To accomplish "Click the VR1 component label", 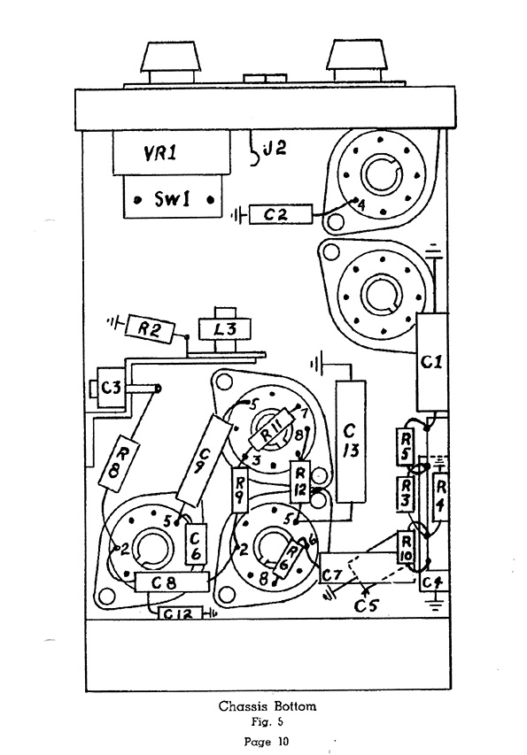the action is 160,153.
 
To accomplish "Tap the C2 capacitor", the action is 281,214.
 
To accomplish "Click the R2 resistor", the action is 150,329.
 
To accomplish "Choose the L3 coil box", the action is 225,330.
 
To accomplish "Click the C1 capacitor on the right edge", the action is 431,362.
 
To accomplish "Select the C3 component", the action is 112,387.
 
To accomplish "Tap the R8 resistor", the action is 118,463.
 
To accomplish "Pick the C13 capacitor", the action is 350,441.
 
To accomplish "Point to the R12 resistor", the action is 299,482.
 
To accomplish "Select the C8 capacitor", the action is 172,582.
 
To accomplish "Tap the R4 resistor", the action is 441,497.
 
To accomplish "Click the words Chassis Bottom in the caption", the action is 267,706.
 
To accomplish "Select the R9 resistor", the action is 239,489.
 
